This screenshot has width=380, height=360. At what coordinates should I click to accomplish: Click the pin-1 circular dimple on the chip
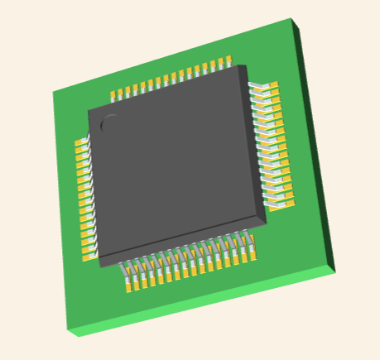(108, 125)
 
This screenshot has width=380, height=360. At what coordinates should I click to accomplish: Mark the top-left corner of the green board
(53, 90)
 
